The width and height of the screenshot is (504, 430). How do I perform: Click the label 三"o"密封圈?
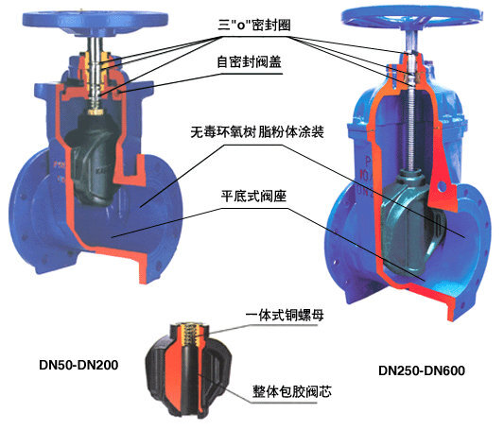254,26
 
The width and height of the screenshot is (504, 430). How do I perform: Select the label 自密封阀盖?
250,61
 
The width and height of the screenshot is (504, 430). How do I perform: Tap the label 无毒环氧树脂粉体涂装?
257,131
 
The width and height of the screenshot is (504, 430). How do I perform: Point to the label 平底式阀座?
253,196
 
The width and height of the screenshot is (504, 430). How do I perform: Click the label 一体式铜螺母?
285,315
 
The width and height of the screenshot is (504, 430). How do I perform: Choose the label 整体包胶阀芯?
292,391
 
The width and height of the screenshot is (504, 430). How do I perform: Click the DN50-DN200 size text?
78,365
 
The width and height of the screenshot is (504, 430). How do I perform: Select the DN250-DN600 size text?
422,370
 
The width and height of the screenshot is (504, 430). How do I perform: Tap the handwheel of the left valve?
96,22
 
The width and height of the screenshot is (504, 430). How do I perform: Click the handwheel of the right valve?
411,17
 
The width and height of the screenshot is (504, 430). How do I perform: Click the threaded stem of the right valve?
411,129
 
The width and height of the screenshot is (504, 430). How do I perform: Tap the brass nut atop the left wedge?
96,112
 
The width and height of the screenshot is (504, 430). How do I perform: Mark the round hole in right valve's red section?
442,185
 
